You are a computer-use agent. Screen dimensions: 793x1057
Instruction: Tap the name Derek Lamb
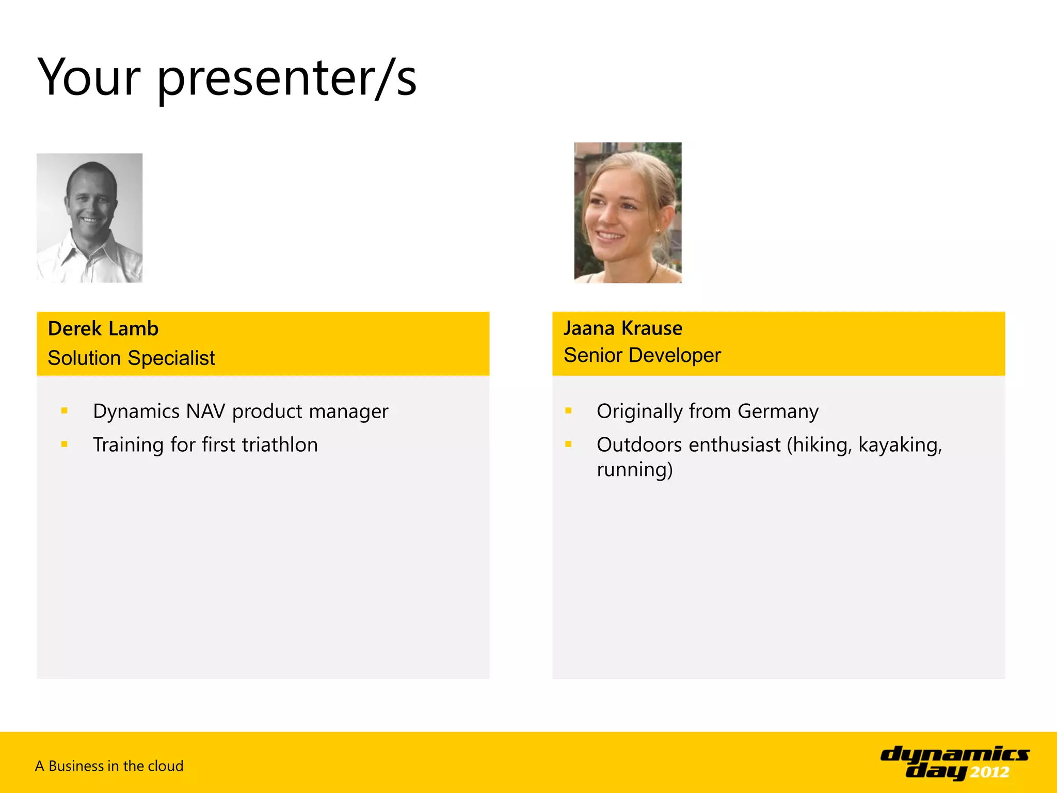[x=103, y=328]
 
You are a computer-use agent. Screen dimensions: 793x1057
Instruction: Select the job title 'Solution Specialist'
[x=131, y=358]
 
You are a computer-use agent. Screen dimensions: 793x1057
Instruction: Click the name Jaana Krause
[x=622, y=328]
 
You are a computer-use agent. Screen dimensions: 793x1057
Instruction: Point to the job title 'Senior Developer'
[x=642, y=355]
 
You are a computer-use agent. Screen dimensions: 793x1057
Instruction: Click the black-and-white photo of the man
[x=89, y=217]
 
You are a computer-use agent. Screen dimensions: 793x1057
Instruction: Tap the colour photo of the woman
[x=628, y=212]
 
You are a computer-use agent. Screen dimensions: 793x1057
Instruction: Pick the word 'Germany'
[x=778, y=411]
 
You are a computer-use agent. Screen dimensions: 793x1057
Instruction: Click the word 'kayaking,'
[x=900, y=445]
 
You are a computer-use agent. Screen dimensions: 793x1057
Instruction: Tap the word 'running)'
[x=634, y=470]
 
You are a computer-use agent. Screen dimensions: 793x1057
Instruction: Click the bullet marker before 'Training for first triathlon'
[x=65, y=444]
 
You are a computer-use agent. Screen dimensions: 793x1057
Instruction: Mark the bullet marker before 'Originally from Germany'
[x=568, y=411]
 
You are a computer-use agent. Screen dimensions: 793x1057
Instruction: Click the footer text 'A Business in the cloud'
[x=109, y=766]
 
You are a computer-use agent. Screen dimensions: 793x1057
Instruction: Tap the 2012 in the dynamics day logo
[x=989, y=772]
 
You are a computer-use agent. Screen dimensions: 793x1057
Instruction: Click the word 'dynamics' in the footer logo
[x=954, y=755]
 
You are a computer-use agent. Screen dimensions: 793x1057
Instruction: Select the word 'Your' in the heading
[x=89, y=77]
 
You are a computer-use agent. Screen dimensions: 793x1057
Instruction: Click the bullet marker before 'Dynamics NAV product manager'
[x=65, y=411]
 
